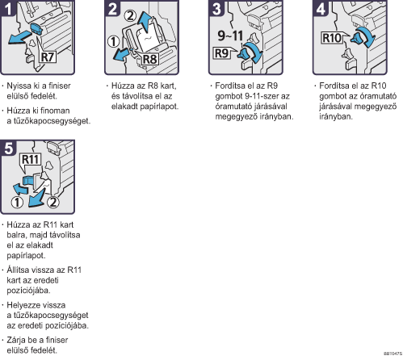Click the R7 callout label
48,57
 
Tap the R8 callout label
149,59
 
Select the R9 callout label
221,53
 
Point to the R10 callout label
332,38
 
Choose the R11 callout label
31,159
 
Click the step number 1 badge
8,8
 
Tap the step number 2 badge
112,8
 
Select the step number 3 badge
216,8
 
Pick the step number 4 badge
321,8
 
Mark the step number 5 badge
8,148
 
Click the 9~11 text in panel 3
230,36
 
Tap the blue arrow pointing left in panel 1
19,37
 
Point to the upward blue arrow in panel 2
145,22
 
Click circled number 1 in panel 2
113,41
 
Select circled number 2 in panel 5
53,202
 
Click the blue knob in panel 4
358,39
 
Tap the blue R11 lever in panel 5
28,180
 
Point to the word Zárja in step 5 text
15,341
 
